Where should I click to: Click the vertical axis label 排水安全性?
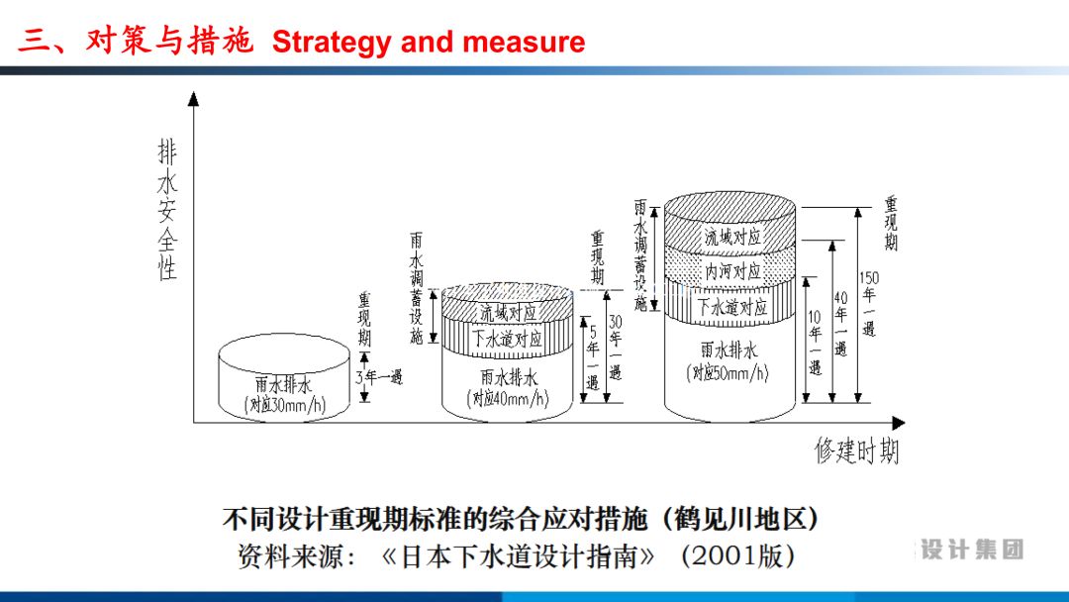click(168, 209)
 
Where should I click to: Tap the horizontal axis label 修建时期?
click(857, 451)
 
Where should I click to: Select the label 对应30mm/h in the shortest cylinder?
click(285, 405)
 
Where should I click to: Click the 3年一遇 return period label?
click(379, 376)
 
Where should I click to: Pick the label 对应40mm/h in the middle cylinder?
click(509, 398)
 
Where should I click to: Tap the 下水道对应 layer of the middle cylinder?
click(508, 338)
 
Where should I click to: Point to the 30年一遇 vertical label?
click(616, 347)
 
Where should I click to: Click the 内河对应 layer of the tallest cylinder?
click(732, 271)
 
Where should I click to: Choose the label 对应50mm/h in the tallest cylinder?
click(729, 373)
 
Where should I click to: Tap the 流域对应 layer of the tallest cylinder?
click(732, 238)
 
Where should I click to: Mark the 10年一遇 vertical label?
click(816, 341)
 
